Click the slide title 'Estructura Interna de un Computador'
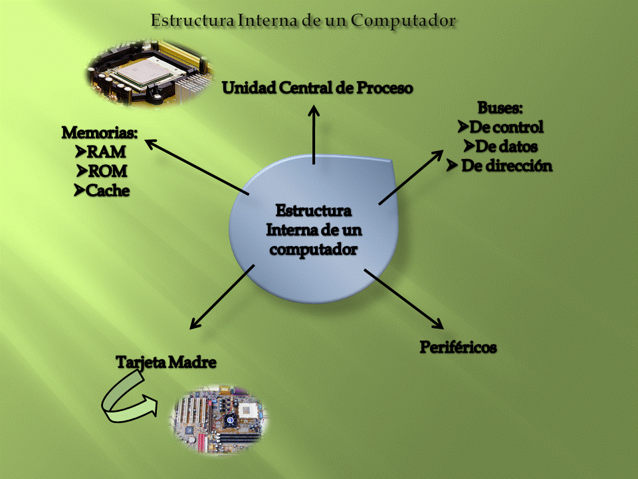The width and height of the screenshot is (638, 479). [303, 21]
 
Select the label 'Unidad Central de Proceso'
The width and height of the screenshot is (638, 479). [318, 88]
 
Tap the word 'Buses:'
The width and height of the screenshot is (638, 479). [500, 108]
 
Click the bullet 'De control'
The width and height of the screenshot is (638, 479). [506, 126]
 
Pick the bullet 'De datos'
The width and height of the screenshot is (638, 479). [506, 146]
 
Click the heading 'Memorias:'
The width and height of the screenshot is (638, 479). [100, 132]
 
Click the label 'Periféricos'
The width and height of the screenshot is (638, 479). [459, 347]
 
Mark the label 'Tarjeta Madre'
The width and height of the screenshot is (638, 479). [167, 363]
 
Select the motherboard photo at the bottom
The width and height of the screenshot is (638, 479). [220, 418]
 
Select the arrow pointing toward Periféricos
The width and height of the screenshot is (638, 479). [403, 298]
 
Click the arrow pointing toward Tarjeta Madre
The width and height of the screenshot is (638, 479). [222, 297]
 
